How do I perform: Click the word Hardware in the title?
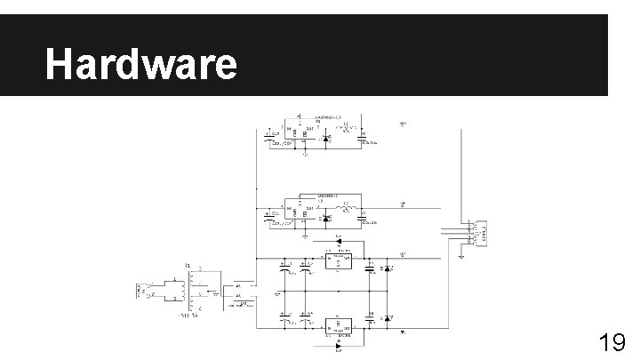coord(141,64)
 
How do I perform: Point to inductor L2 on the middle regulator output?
coord(348,210)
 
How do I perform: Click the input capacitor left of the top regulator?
coord(268,138)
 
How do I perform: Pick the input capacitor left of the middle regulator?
coord(268,216)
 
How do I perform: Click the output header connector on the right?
coord(480,233)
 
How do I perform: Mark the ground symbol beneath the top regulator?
coord(305,154)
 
